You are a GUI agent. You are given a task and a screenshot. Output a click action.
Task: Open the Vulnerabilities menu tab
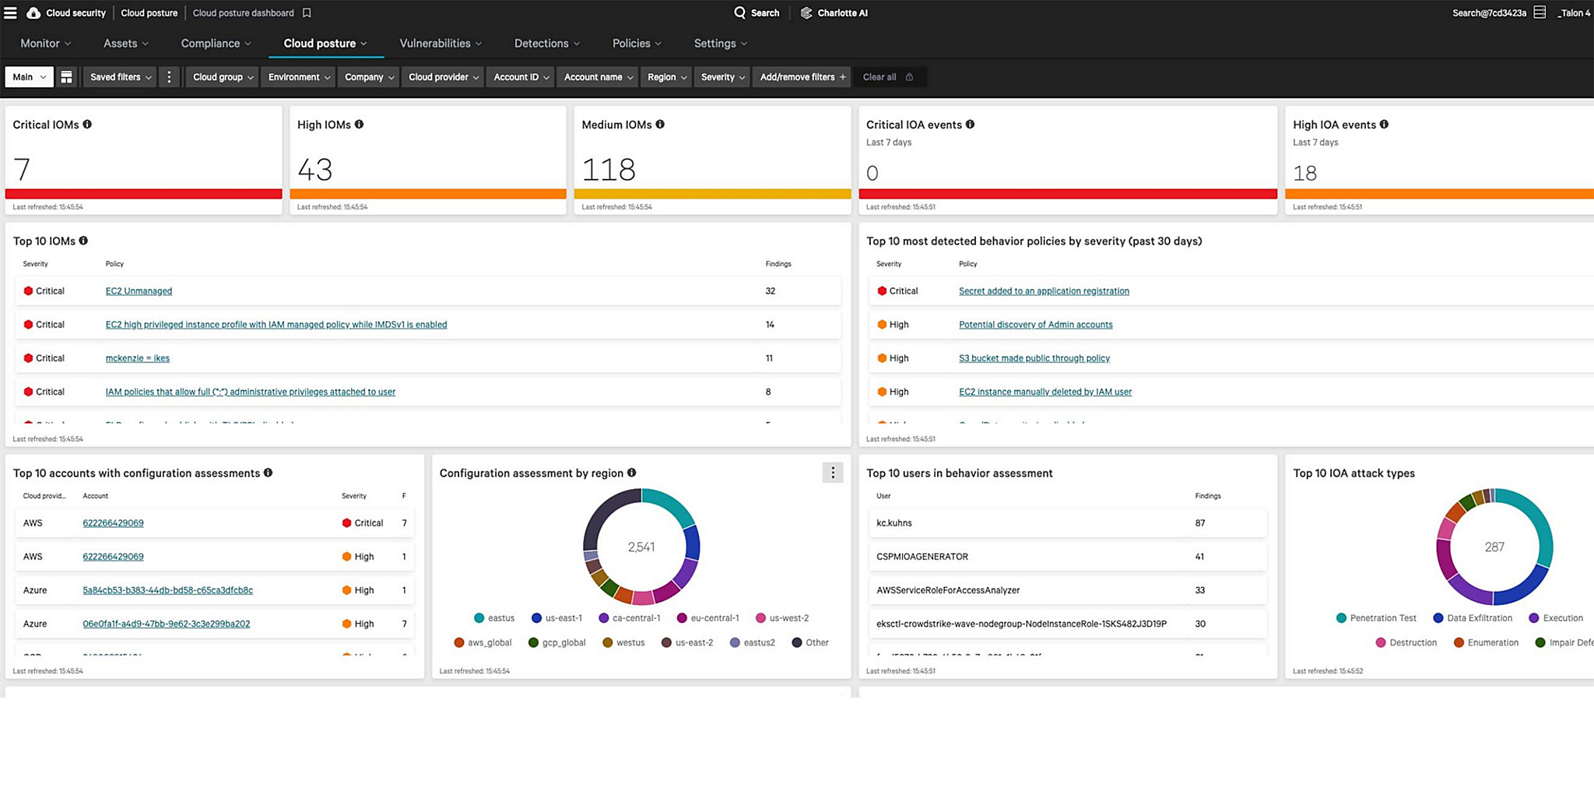click(x=440, y=44)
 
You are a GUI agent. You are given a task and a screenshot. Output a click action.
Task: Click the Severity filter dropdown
click(x=722, y=77)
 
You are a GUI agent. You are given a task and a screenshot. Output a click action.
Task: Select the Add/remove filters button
click(x=802, y=77)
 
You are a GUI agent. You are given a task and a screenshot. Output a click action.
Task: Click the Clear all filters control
click(x=887, y=77)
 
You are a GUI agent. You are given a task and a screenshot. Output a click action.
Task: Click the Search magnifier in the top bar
click(x=740, y=13)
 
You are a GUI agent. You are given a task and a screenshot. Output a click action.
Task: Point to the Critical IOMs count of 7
click(x=22, y=170)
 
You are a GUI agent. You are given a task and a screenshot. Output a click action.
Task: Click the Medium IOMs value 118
click(x=609, y=170)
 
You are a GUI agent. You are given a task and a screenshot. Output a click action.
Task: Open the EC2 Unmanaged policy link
click(x=139, y=291)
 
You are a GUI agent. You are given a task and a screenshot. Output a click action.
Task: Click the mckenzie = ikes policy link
click(x=137, y=358)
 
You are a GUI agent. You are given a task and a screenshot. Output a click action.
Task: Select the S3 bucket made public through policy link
click(x=1034, y=358)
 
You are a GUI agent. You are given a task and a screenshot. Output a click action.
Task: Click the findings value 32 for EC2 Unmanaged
click(x=770, y=291)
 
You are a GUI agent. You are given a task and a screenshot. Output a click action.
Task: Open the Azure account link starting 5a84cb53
click(x=167, y=590)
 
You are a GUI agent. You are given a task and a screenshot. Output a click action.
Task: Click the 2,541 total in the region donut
click(x=641, y=547)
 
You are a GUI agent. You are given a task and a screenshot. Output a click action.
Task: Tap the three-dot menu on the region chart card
click(x=832, y=473)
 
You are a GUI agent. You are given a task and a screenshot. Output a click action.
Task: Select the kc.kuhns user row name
click(x=894, y=523)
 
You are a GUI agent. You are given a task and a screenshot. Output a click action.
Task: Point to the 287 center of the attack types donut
click(x=1494, y=547)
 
